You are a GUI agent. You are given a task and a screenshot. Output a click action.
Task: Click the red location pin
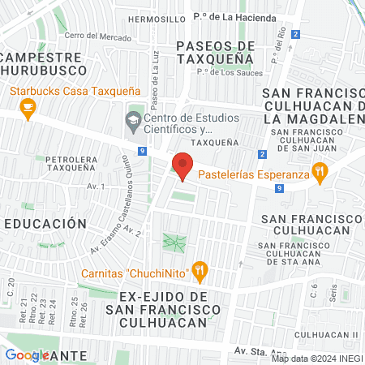[183, 166]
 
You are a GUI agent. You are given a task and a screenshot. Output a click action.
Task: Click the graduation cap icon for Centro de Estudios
[132, 122]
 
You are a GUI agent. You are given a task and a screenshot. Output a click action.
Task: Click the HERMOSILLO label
[156, 18]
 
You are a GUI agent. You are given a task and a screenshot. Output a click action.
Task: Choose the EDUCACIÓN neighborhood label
[45, 223]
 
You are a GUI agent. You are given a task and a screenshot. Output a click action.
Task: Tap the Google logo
[26, 354]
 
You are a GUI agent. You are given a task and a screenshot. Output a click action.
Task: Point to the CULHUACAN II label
[326, 334]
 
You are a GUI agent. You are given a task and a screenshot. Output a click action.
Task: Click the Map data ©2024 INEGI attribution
[316, 359]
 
